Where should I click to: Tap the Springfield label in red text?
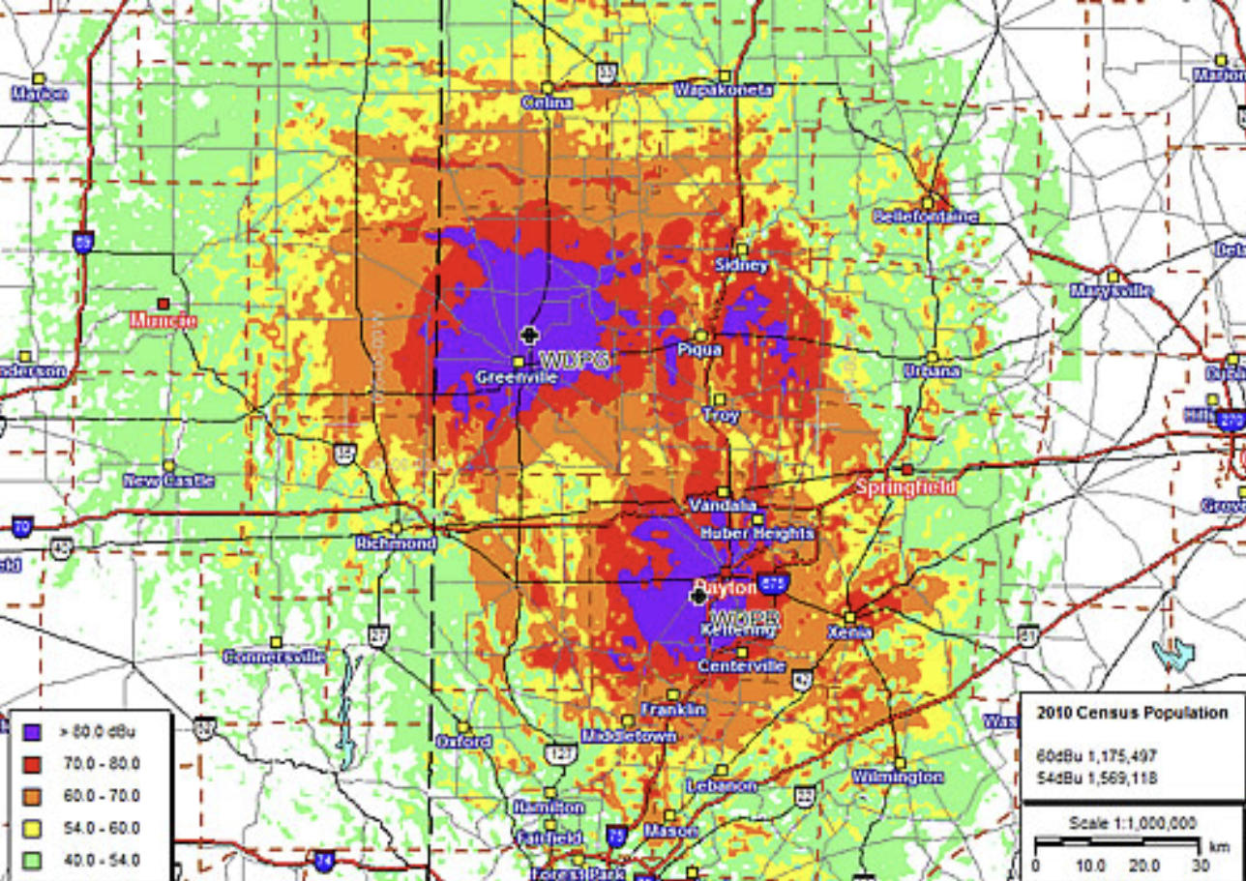point(905,487)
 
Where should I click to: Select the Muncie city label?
point(164,320)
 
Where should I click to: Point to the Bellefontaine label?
point(926,217)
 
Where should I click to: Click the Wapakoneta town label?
point(724,90)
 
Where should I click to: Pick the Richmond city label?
point(396,543)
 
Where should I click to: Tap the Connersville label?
point(275,657)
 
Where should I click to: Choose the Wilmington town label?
point(898,777)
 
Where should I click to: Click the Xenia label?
point(849,632)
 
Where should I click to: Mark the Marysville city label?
point(1112,290)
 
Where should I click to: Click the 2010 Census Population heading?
point(1132,714)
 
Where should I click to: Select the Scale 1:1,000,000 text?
point(1133,823)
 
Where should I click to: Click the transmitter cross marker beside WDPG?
point(529,335)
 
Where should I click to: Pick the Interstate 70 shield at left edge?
point(22,527)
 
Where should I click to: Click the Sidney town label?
point(742,264)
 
